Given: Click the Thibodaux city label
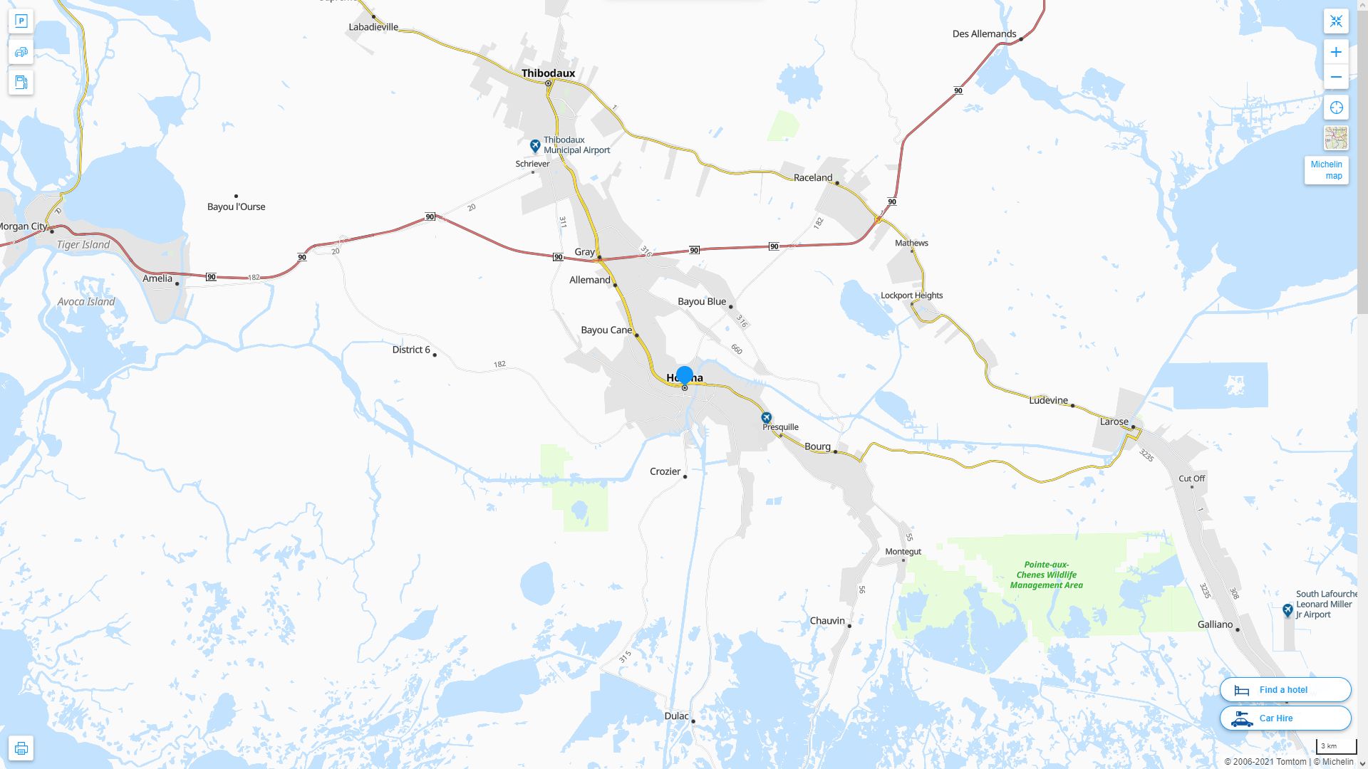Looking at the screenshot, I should coord(548,73).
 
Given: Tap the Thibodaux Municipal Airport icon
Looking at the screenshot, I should coord(535,146).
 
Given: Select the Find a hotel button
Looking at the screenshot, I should coord(1285,689).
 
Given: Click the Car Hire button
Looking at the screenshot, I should coord(1285,718).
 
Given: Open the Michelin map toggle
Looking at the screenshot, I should coord(1326,170).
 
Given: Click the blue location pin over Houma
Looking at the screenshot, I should coord(685,375).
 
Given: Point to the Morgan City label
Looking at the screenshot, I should coord(24,226).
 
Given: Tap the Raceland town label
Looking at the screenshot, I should coord(812,177).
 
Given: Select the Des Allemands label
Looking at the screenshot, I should coord(984,33).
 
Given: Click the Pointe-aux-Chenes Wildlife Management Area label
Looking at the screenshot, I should coord(1046,575).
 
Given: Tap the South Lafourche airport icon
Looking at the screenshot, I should coord(1287,610).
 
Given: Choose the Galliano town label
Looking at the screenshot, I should coord(1215,624).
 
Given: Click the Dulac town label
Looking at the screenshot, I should coord(676,716).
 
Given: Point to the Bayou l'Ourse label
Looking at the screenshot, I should coord(236,206).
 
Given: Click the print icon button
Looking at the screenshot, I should coord(21,748).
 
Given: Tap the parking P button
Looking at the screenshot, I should coord(21,21).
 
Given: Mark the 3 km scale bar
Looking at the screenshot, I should coord(1336,747).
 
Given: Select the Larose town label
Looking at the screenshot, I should coord(1114,422).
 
